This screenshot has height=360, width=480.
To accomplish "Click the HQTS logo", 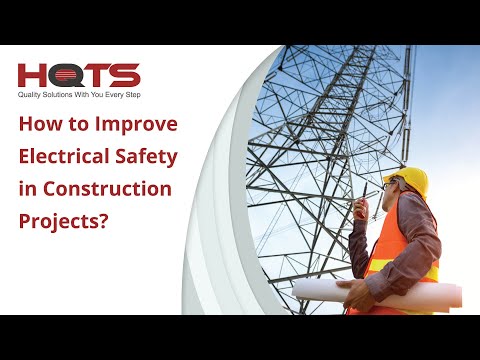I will [79, 75].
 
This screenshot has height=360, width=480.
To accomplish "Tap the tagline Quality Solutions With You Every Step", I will [79, 97].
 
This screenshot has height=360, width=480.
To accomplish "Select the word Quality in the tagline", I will [32, 97].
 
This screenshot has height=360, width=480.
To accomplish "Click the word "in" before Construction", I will [27, 188].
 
